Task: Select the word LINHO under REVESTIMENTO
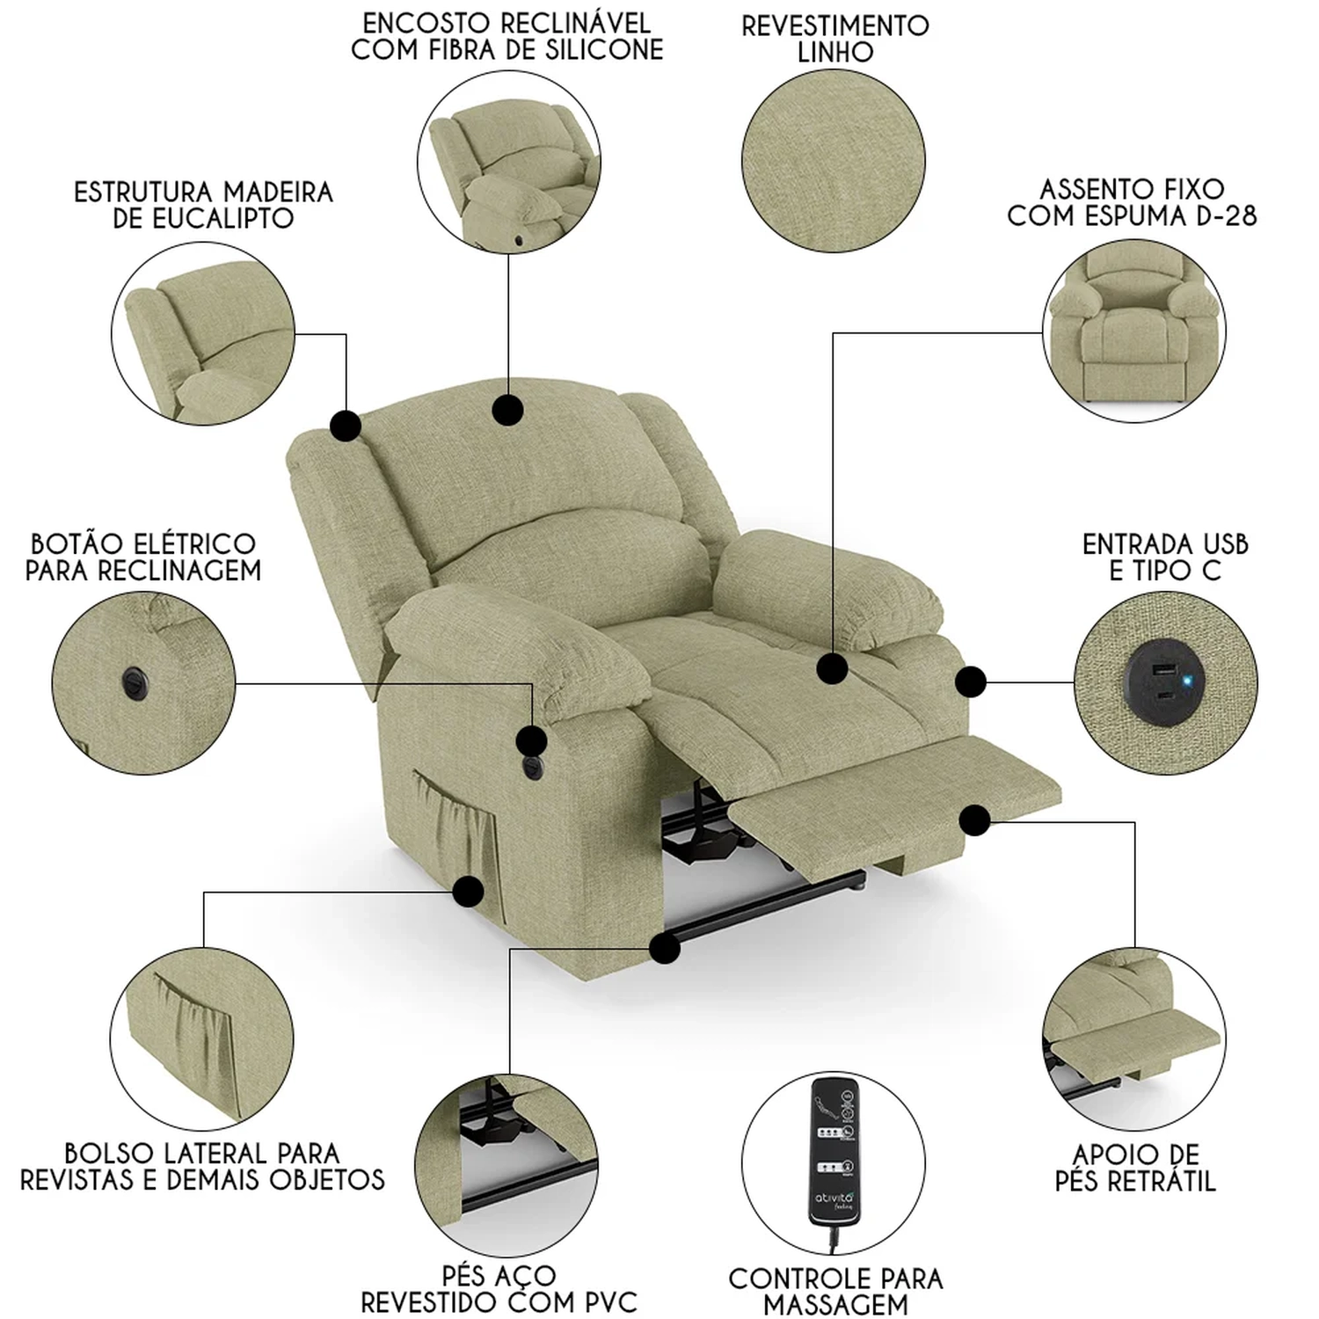(x=834, y=53)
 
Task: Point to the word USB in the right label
(x=1219, y=544)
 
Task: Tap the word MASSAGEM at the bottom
(x=835, y=1305)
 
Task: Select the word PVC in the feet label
(x=606, y=1301)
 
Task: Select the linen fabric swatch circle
(x=834, y=161)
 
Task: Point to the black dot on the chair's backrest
(x=508, y=410)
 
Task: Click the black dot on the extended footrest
(x=974, y=820)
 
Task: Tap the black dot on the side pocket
(x=469, y=891)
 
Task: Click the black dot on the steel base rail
(x=665, y=948)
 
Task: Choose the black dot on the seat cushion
(x=832, y=669)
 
